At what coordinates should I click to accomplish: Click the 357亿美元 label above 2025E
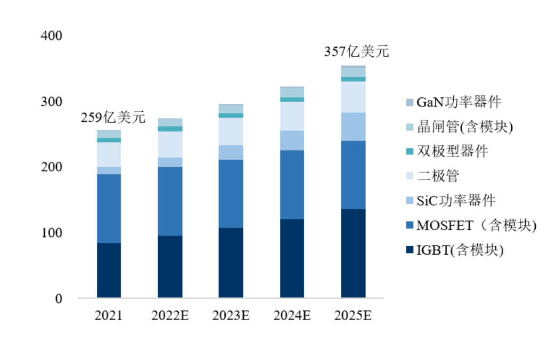357,52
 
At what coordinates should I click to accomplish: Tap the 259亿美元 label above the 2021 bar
113,118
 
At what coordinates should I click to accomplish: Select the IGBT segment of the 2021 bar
109,270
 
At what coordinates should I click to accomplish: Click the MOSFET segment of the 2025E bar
353,175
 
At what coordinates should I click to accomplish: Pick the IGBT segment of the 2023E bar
231,263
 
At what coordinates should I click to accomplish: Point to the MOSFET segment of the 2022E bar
170,201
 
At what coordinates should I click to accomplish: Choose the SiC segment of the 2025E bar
353,127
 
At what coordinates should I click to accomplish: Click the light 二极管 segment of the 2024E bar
292,116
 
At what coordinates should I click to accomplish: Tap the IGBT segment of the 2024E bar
292,258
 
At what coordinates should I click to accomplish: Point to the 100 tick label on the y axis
53,233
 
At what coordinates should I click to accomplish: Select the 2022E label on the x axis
170,315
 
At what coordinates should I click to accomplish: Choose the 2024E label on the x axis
292,315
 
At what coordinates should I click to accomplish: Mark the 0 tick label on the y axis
59,299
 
